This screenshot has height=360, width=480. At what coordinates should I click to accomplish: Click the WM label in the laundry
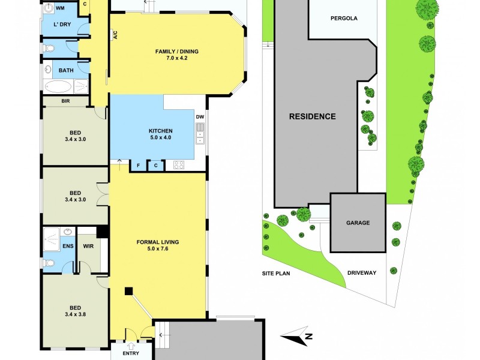(x=60, y=8)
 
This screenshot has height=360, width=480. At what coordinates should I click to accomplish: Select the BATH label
(x=66, y=70)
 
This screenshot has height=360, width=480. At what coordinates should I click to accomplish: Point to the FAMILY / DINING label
(x=176, y=52)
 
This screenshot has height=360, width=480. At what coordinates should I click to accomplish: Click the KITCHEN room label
(x=161, y=131)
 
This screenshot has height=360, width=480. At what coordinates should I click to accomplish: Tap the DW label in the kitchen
(x=200, y=117)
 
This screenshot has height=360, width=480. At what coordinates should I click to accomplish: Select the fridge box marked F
(x=139, y=165)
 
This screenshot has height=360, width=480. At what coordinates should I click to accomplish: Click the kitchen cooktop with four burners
(x=178, y=164)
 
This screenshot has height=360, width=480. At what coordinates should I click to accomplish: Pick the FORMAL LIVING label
(x=158, y=242)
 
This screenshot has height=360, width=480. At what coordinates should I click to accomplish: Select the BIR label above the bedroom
(x=65, y=101)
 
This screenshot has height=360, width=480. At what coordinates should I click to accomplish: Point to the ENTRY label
(x=130, y=353)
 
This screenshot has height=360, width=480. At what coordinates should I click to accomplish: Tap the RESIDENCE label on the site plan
(x=313, y=116)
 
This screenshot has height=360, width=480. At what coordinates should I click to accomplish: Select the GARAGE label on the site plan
(x=358, y=223)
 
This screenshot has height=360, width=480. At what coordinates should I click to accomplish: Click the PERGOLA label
(x=344, y=18)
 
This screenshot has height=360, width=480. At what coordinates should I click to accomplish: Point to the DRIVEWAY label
(x=362, y=272)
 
